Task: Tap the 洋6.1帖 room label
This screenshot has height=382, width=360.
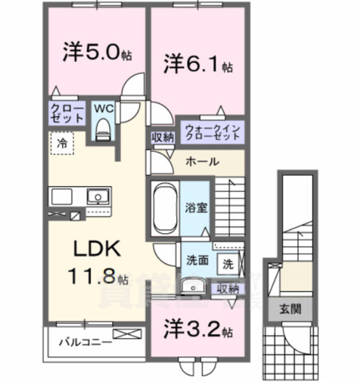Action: tap(198, 62)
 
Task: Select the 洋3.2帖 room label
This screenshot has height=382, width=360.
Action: tap(198, 329)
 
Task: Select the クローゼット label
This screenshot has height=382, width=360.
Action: tap(66, 114)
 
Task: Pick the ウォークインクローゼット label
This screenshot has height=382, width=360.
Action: tap(211, 132)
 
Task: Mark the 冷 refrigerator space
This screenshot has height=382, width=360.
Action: tap(61, 143)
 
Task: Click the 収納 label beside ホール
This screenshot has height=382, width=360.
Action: tap(162, 137)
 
